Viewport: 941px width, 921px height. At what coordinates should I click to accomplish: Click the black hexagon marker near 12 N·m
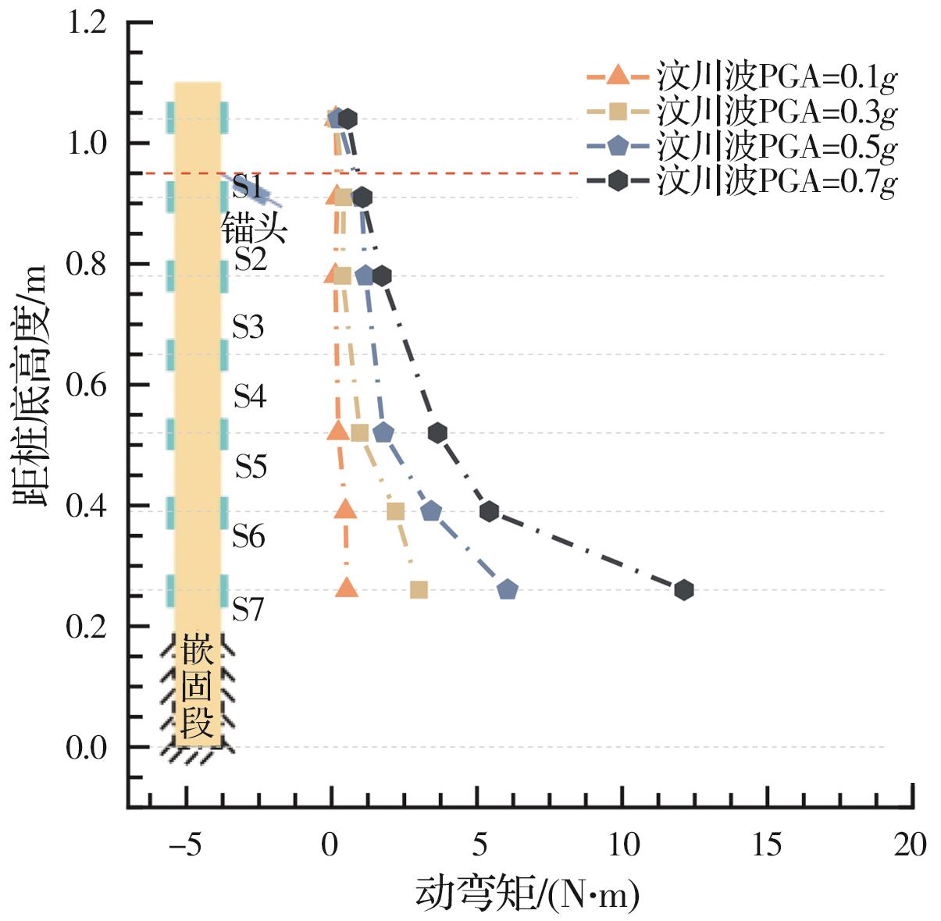point(683,590)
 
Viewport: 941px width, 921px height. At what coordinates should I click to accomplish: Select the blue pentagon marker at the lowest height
point(508,590)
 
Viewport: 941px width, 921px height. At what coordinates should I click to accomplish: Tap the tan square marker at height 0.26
point(419,590)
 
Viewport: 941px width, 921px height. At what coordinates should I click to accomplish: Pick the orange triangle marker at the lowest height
point(347,589)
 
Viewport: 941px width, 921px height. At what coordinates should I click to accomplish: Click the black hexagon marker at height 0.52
point(437,432)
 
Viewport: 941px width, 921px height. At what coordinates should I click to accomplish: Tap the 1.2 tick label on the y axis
point(86,23)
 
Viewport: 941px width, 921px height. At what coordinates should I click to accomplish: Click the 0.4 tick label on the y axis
point(86,507)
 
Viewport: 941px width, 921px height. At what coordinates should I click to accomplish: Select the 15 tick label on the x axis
point(768,845)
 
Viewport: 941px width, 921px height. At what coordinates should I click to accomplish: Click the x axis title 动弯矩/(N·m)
point(527,894)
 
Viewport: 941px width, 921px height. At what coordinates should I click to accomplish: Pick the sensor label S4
point(250,396)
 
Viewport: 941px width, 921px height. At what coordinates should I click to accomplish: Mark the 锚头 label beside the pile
point(255,229)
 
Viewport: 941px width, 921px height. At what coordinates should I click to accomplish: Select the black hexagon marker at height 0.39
point(490,511)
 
